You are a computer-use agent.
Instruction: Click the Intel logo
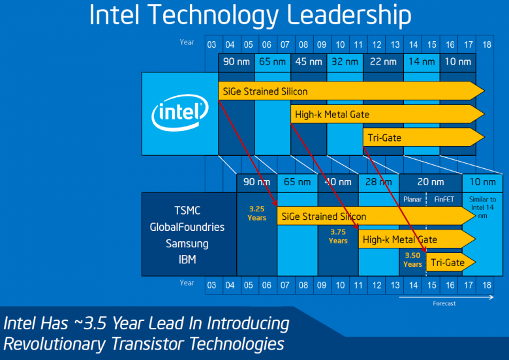(x=180, y=114)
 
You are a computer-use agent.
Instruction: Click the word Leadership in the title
(x=340, y=15)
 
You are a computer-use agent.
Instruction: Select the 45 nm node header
(x=308, y=62)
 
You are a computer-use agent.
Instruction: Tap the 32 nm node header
(x=345, y=62)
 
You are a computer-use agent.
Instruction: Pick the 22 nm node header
(x=382, y=62)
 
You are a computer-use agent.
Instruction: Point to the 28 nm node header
(x=378, y=182)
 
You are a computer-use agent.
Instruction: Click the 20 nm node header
(x=430, y=182)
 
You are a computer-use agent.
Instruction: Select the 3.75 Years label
(x=338, y=236)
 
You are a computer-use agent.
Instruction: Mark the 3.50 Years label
(x=412, y=260)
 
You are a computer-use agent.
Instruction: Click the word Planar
(x=412, y=199)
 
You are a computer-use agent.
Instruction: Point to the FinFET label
(x=444, y=199)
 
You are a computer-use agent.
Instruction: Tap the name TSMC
(x=187, y=211)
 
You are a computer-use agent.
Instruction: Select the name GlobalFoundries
(x=187, y=227)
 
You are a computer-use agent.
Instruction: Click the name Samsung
(x=187, y=243)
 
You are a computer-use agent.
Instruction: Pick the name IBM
(x=187, y=260)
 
